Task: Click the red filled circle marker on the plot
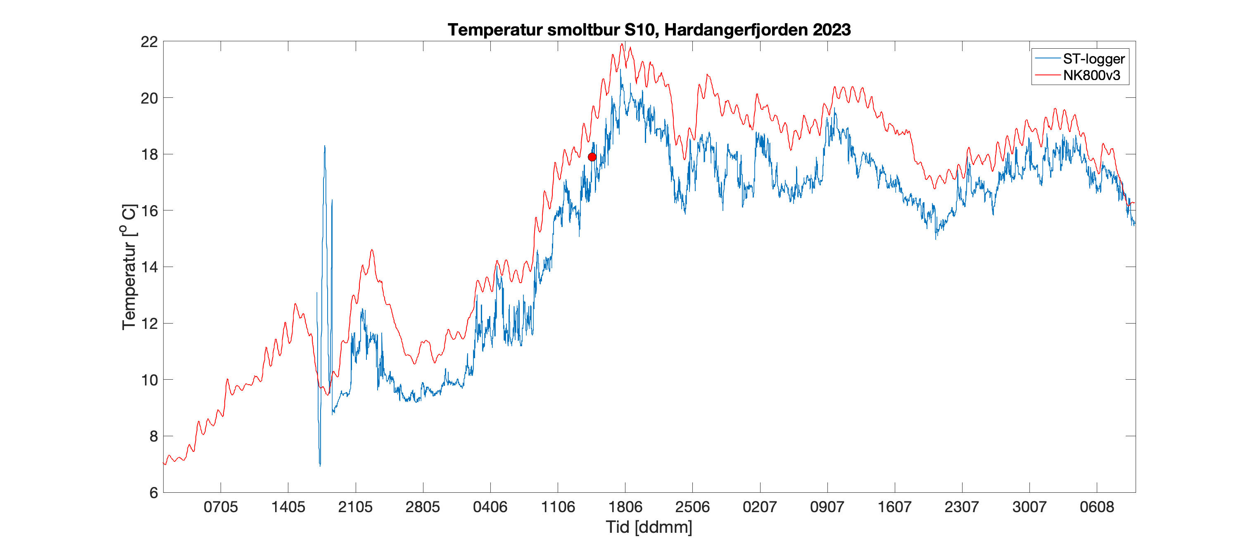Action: coord(592,157)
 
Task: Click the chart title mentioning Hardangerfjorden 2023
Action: coord(649,30)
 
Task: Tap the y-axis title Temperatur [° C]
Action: coord(129,267)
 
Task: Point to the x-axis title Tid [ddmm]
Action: coord(649,527)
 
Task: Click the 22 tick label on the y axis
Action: coord(149,42)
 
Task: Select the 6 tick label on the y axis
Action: coord(153,493)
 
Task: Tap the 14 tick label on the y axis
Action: coord(149,267)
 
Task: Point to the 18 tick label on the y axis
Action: coord(149,154)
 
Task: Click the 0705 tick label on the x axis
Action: coord(221,507)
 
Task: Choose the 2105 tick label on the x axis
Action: coord(355,507)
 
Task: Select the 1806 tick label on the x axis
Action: coord(625,507)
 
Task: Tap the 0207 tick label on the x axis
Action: coord(760,507)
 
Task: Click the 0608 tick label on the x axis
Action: coord(1097,507)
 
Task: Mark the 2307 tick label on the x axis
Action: coord(962,507)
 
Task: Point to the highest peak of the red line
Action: coord(622,44)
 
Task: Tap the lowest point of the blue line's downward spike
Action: coord(320,466)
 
